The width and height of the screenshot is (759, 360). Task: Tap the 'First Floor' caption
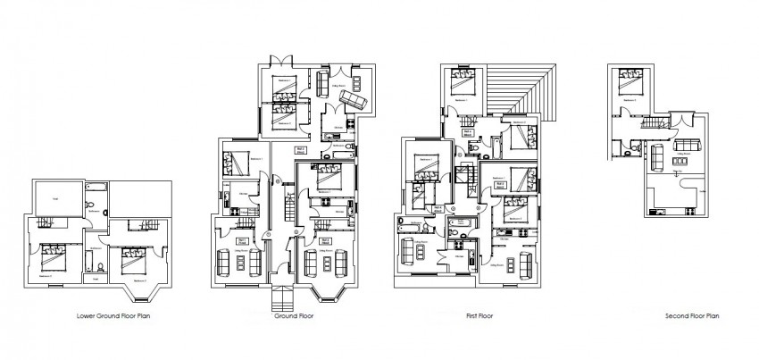coord(480,315)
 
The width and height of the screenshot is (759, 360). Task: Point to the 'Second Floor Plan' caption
coord(692,315)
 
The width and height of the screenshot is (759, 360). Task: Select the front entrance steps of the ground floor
coord(281,300)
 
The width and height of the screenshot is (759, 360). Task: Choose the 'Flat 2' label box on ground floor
coord(301,150)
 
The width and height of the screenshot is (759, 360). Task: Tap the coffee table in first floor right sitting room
coord(514,266)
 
